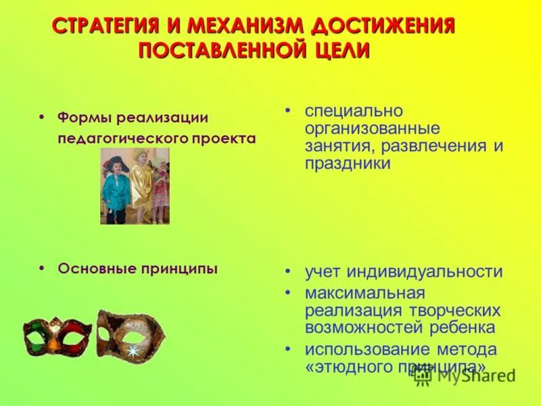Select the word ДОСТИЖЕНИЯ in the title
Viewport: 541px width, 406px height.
(382, 27)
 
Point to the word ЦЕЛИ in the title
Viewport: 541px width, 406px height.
(337, 51)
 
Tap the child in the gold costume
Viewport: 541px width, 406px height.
(141, 183)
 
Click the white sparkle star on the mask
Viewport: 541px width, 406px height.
(133, 351)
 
